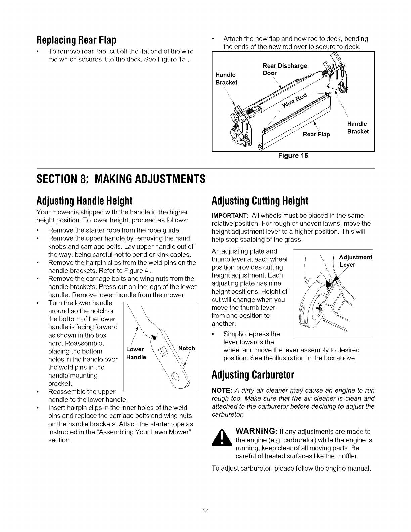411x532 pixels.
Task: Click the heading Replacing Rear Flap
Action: click(x=76, y=40)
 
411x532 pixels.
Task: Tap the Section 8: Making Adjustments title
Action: click(x=121, y=178)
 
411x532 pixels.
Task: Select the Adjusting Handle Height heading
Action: click(x=84, y=201)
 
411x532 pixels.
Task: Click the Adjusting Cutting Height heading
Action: click(x=260, y=201)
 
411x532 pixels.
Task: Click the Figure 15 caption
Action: click(x=293, y=156)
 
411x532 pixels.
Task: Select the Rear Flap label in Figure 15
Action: click(x=316, y=134)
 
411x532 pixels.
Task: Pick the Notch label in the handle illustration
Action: click(x=186, y=348)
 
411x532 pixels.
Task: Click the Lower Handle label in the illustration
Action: click(x=136, y=353)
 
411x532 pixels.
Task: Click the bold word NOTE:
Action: click(x=221, y=390)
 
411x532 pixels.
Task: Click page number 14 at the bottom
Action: click(x=206, y=511)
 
